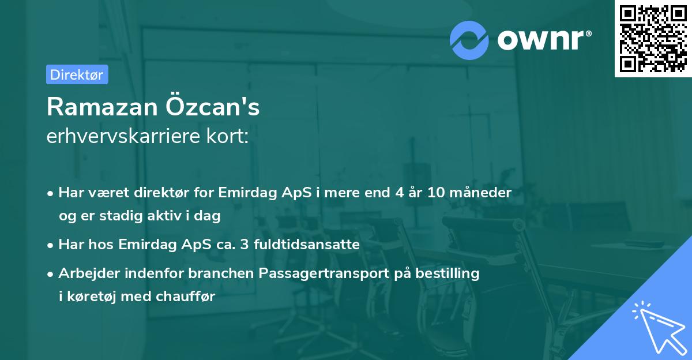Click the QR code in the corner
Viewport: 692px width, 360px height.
click(x=653, y=39)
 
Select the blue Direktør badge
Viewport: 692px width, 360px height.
click(x=77, y=74)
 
